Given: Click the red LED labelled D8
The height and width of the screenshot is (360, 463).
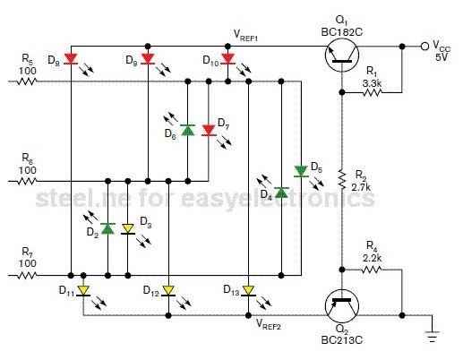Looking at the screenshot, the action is [71, 59].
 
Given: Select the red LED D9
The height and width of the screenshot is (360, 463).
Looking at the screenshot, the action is [148, 59].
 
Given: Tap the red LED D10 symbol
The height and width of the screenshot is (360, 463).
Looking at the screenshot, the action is [227, 59].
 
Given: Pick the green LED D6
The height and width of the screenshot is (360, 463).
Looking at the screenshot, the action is [188, 130].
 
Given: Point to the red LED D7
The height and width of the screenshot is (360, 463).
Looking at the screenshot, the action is [209, 131].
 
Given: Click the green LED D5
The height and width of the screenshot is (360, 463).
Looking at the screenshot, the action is [301, 172].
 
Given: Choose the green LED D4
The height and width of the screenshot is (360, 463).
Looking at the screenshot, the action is [281, 193].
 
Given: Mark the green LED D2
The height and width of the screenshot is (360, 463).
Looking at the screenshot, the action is [108, 228].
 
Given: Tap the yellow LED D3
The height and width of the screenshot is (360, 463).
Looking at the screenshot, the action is [128, 229].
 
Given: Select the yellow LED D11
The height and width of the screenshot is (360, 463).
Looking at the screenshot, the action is [83, 291].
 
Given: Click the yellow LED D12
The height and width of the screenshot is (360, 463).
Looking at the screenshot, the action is [168, 291].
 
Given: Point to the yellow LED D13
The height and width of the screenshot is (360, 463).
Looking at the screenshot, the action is [248, 291].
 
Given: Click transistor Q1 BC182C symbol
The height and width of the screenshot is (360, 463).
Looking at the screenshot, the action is [342, 56].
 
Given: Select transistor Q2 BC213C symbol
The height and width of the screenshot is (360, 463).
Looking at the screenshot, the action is [342, 306].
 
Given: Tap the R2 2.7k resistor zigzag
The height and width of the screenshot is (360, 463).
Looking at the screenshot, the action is [342, 179].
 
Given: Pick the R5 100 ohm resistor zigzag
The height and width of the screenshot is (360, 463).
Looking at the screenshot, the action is [27, 81].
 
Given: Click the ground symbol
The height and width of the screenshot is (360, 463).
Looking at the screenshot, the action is [432, 336].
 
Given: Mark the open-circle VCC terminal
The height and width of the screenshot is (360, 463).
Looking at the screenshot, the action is [424, 47].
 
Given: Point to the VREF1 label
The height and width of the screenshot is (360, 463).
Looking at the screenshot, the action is [245, 35].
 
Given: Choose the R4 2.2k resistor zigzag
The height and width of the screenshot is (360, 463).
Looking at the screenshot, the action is [372, 270].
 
